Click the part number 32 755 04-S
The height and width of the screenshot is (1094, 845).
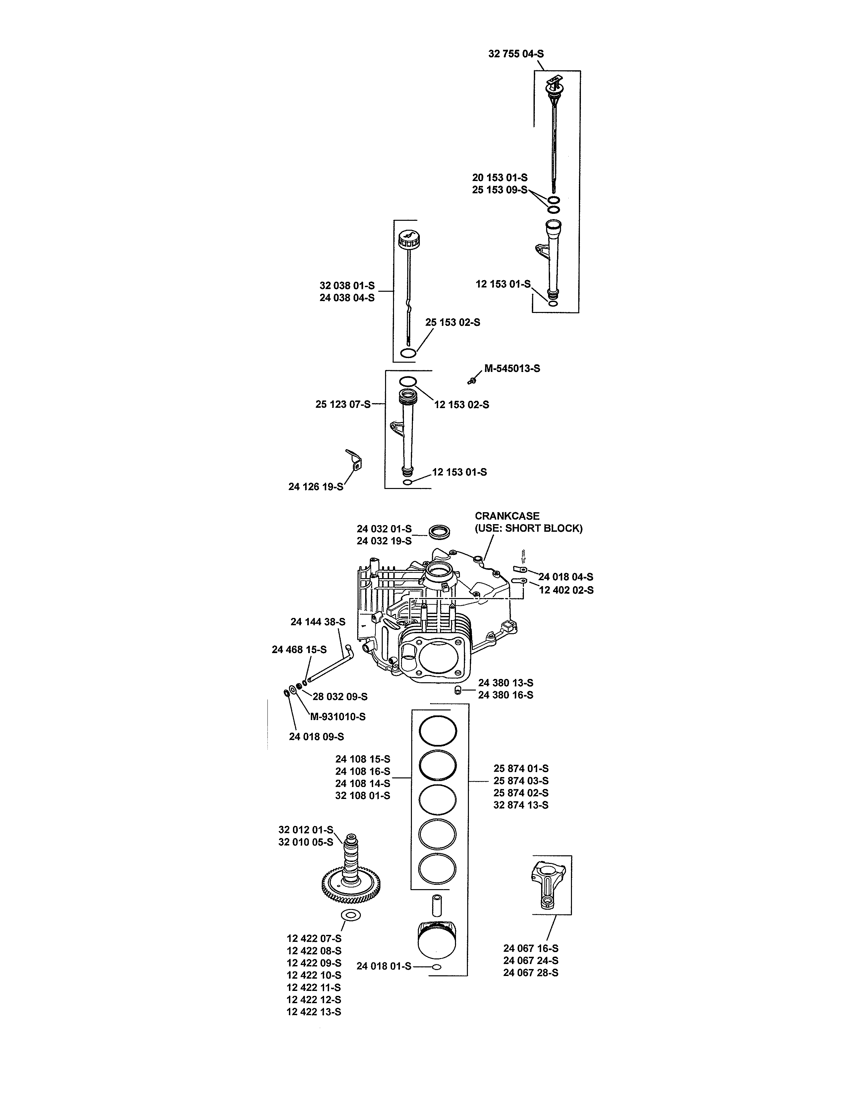coord(516,54)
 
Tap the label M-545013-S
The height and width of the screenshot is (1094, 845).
coord(512,369)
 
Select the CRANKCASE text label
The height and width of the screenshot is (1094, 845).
coord(507,516)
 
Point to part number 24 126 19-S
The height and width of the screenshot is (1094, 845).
coord(316,486)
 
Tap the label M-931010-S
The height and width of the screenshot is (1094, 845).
coord(338,717)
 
